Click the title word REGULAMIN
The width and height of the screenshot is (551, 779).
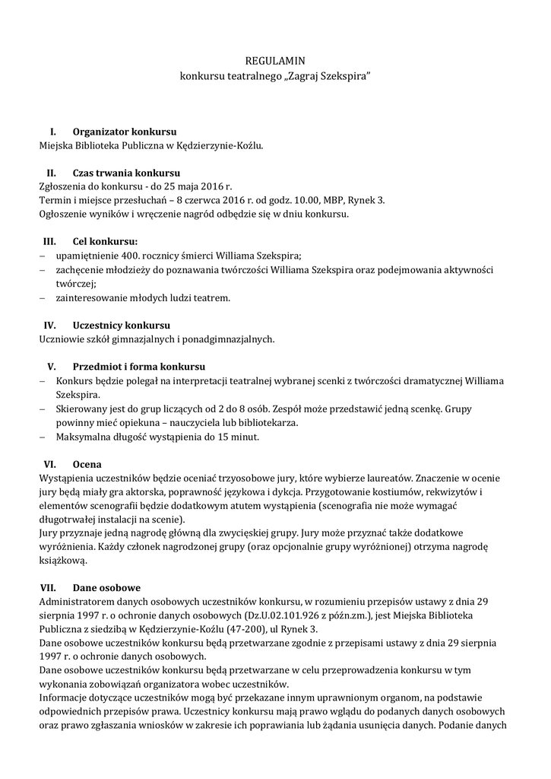275,60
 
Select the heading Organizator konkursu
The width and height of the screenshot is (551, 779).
125,132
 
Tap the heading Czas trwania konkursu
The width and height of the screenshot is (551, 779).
126,173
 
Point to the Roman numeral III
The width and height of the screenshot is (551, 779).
50,242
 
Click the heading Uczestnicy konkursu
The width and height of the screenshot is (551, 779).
121,326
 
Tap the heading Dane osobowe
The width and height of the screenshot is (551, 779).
106,587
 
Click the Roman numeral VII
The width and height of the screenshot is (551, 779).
48,587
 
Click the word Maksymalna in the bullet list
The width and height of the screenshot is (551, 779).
82,437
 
